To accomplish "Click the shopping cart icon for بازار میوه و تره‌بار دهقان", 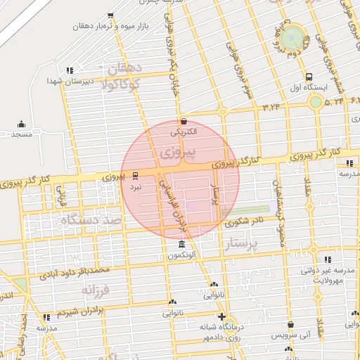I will (110, 15).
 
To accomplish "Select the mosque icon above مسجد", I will (20, 123).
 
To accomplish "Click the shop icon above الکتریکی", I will (184, 122).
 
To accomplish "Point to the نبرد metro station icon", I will (135, 175).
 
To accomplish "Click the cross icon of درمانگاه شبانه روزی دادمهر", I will (222, 316).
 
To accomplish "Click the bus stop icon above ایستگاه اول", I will (309, 76).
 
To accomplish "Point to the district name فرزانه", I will (96, 289).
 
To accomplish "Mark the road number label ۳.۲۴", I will (271, 107).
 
